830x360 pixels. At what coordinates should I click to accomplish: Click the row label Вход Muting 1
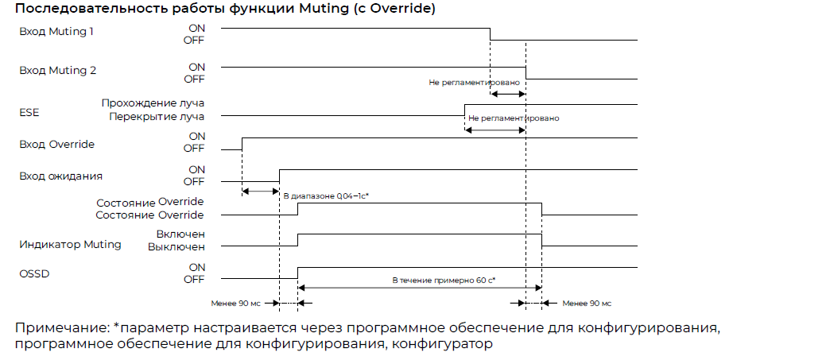click(x=56, y=32)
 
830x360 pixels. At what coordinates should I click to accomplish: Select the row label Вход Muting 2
click(x=58, y=71)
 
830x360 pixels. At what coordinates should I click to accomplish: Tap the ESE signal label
click(x=29, y=113)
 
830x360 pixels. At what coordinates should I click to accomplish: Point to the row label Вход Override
click(x=56, y=144)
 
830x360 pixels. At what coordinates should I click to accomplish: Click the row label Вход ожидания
click(x=61, y=176)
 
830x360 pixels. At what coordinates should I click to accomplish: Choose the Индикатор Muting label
click(x=71, y=245)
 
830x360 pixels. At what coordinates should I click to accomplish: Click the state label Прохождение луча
click(x=153, y=103)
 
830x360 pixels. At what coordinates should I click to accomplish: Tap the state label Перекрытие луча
click(x=157, y=117)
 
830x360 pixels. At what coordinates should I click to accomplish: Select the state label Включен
click(x=180, y=234)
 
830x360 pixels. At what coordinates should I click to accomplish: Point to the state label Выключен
click(x=176, y=246)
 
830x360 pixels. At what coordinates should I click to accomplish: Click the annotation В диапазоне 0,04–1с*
click(x=326, y=195)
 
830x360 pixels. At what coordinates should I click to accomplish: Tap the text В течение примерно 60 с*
click(x=444, y=280)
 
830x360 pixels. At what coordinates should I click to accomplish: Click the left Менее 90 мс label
click(x=235, y=304)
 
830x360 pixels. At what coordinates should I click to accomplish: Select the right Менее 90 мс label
click(x=587, y=304)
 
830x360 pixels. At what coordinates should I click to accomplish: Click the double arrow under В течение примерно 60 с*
click(x=420, y=288)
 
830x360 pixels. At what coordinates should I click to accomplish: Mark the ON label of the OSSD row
click(x=196, y=267)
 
